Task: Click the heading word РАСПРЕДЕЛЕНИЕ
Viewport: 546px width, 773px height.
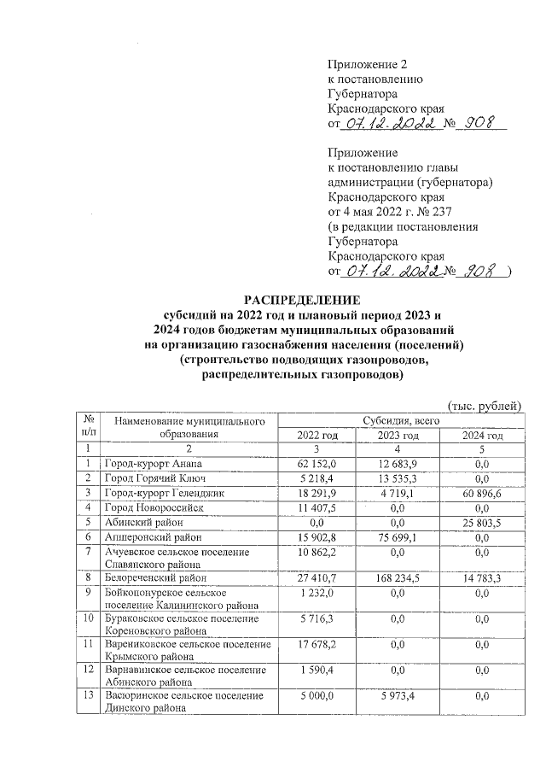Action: tap(297, 300)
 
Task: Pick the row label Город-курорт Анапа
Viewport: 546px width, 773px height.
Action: tap(154, 464)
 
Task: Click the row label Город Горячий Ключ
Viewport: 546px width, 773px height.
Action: tap(154, 478)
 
